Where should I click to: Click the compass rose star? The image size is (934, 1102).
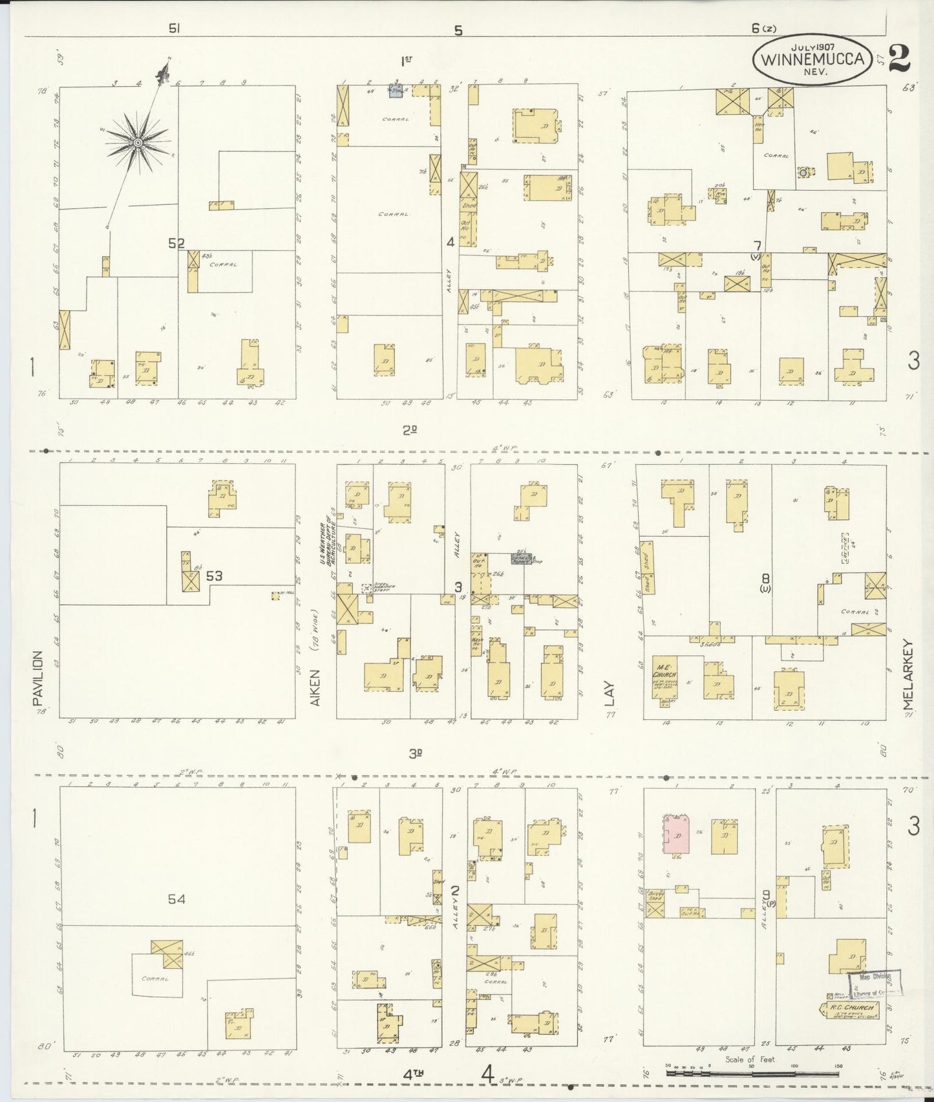point(138,142)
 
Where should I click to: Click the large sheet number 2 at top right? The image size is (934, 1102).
point(899,58)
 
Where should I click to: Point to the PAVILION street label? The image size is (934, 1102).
point(37,679)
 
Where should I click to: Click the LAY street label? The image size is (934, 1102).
point(610,693)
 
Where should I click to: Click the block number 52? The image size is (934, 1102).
point(176,244)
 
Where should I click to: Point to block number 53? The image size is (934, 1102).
point(214,575)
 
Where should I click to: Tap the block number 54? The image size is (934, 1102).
point(176,899)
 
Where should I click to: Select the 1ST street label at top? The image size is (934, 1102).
point(407,61)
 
